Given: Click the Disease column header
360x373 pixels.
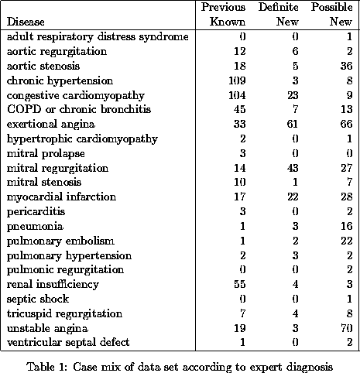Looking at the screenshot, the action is pos(26,22).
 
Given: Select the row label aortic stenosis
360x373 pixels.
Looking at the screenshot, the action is pos(43,66).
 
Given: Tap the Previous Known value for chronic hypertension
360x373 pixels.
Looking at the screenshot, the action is pos(237,80).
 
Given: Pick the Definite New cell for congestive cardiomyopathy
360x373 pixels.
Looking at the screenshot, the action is pos(293,95).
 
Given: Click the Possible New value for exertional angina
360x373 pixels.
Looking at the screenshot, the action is pos(346,124).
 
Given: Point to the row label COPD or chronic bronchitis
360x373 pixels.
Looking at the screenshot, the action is pos(79,109).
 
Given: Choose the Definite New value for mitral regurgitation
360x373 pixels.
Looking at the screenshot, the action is pos(293,168).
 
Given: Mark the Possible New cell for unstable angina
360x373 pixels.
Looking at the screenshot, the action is pos(346,328).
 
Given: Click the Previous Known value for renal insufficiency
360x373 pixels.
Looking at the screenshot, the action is pos(239,284).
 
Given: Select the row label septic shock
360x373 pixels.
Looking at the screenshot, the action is pos(38,299).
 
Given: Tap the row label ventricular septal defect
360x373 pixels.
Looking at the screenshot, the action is pos(68,342).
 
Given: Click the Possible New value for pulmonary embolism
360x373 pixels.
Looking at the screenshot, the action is pos(346,241).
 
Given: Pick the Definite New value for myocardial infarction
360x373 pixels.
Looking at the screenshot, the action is pos(293,197).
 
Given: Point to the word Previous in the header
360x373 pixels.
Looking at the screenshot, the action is pos(223,7).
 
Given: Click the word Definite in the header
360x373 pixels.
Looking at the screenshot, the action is pos(279,7).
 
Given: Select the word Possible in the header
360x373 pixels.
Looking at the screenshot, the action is pos(331,7).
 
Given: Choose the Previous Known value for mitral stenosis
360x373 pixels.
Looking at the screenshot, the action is pos(239,182).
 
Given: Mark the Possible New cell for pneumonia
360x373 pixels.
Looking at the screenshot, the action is pos(346,226).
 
